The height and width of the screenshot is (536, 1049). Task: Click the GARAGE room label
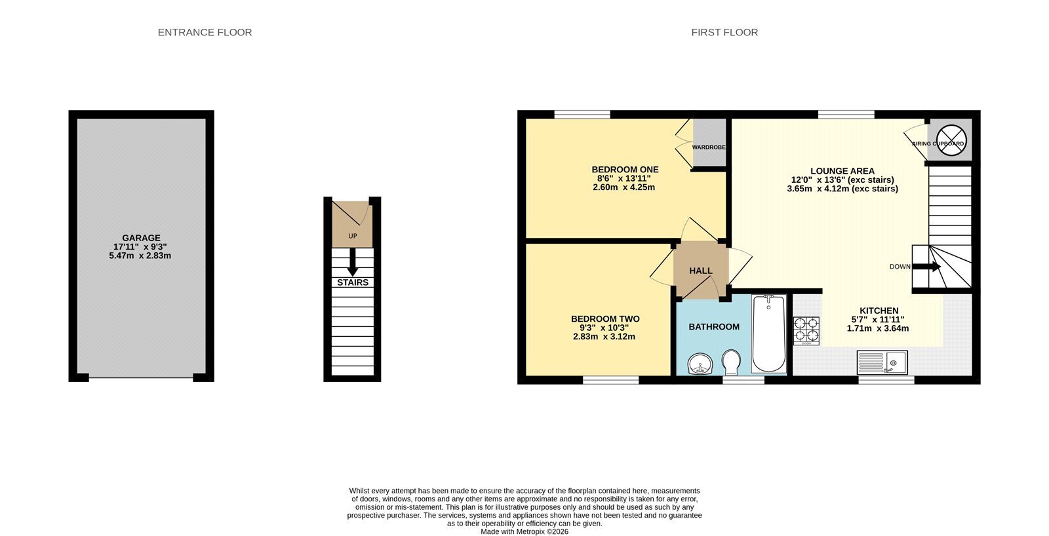pyautogui.click(x=142, y=238)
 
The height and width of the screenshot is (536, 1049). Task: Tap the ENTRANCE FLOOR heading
pyautogui.click(x=205, y=32)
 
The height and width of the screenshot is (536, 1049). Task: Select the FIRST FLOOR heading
pyautogui.click(x=724, y=32)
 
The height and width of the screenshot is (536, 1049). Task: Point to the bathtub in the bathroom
pyautogui.click(x=768, y=334)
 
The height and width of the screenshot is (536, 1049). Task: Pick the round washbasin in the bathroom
pyautogui.click(x=701, y=364)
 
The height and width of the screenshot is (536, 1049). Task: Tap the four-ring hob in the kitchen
pyautogui.click(x=806, y=331)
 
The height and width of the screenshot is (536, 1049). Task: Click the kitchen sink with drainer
pyautogui.click(x=882, y=362)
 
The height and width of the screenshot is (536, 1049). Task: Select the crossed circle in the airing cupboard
pyautogui.click(x=951, y=140)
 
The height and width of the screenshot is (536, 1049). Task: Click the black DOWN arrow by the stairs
pyautogui.click(x=927, y=267)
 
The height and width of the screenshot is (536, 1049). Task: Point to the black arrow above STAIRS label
pyautogui.click(x=353, y=261)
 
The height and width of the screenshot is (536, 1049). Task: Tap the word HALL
pyautogui.click(x=701, y=271)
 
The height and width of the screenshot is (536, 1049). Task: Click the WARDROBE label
pyautogui.click(x=709, y=147)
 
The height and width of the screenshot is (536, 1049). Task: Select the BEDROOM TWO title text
pyautogui.click(x=605, y=319)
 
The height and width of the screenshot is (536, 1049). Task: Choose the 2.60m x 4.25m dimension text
pyautogui.click(x=623, y=187)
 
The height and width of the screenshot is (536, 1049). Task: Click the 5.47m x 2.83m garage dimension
pyautogui.click(x=140, y=256)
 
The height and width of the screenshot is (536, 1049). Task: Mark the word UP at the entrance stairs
pyautogui.click(x=353, y=236)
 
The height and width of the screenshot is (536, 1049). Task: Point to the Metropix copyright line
pyautogui.click(x=524, y=532)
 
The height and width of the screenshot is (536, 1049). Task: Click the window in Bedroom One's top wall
pyautogui.click(x=583, y=114)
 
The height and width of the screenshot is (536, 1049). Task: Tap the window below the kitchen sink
pyautogui.click(x=886, y=380)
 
